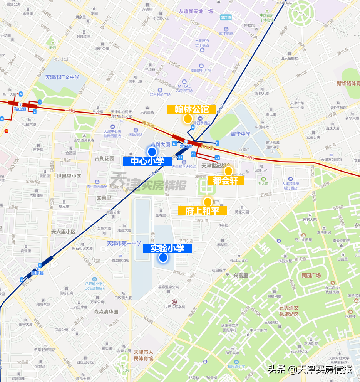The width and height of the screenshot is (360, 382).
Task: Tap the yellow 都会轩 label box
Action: click(x=225, y=180)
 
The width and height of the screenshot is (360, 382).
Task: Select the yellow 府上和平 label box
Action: click(x=202, y=211)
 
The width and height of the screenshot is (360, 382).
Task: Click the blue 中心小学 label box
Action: click(x=147, y=161)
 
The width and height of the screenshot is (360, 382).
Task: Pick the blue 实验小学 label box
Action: click(x=167, y=248)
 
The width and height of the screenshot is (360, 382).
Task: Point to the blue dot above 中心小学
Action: click(x=152, y=151)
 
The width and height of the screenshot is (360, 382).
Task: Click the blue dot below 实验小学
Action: click(x=163, y=258)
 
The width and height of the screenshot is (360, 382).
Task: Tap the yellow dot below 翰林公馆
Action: click(x=188, y=119)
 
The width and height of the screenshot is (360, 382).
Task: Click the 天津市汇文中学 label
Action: click(x=62, y=77)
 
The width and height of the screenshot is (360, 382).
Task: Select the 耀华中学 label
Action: click(x=241, y=134)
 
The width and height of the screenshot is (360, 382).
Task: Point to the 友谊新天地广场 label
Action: click(x=190, y=12)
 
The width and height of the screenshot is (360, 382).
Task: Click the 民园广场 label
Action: click(x=311, y=275)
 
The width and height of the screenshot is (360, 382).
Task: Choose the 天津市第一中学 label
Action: click(x=124, y=243)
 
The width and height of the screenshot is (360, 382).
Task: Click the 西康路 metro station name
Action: click(x=37, y=273)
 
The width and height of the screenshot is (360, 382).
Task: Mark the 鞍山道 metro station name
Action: click(x=20, y=109)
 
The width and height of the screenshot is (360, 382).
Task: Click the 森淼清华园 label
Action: click(x=106, y=311)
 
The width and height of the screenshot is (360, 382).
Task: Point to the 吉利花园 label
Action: click(x=104, y=158)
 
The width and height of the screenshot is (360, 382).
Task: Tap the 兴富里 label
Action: click(x=241, y=276)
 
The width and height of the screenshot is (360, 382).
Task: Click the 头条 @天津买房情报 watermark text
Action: click(x=310, y=369)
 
